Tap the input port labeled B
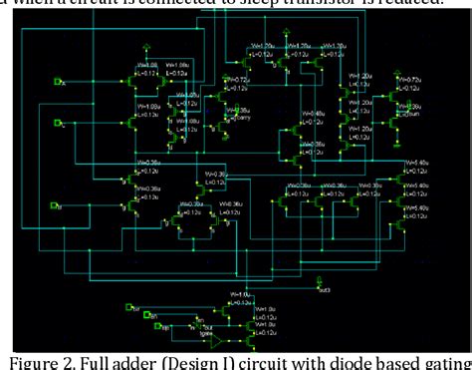pos(58,206)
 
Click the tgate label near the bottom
pos(206,335)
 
